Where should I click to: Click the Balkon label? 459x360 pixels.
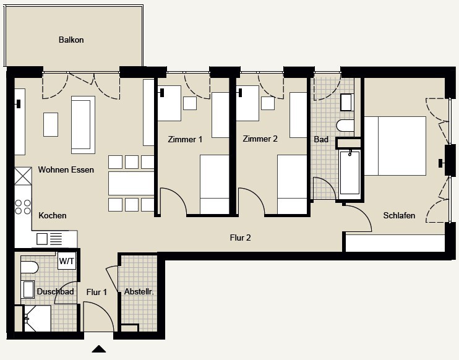point(71,40)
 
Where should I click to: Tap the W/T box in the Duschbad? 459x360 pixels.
point(67,260)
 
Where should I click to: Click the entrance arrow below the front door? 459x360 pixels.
point(98,349)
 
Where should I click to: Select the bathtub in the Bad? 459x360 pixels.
point(350,172)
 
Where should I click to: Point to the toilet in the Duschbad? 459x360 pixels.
point(29,267)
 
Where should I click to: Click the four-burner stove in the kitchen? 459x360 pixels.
point(23,207)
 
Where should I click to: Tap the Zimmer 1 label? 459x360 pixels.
point(185,139)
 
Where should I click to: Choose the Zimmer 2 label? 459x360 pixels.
point(260,139)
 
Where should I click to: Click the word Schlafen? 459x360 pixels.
point(399,215)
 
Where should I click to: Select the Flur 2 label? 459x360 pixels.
point(241,238)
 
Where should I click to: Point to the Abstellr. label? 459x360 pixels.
point(139,291)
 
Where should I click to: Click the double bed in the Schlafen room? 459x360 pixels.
point(395,146)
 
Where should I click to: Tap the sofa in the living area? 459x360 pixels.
point(83,125)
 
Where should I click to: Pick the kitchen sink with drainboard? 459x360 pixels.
point(49,239)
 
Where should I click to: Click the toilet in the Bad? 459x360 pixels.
point(345,126)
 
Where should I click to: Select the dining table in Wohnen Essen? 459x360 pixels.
point(131,183)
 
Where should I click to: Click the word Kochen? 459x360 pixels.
point(53,215)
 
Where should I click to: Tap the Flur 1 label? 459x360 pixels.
point(97,292)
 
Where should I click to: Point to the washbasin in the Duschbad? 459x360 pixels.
point(28,289)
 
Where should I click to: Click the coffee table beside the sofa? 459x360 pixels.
point(51,125)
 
